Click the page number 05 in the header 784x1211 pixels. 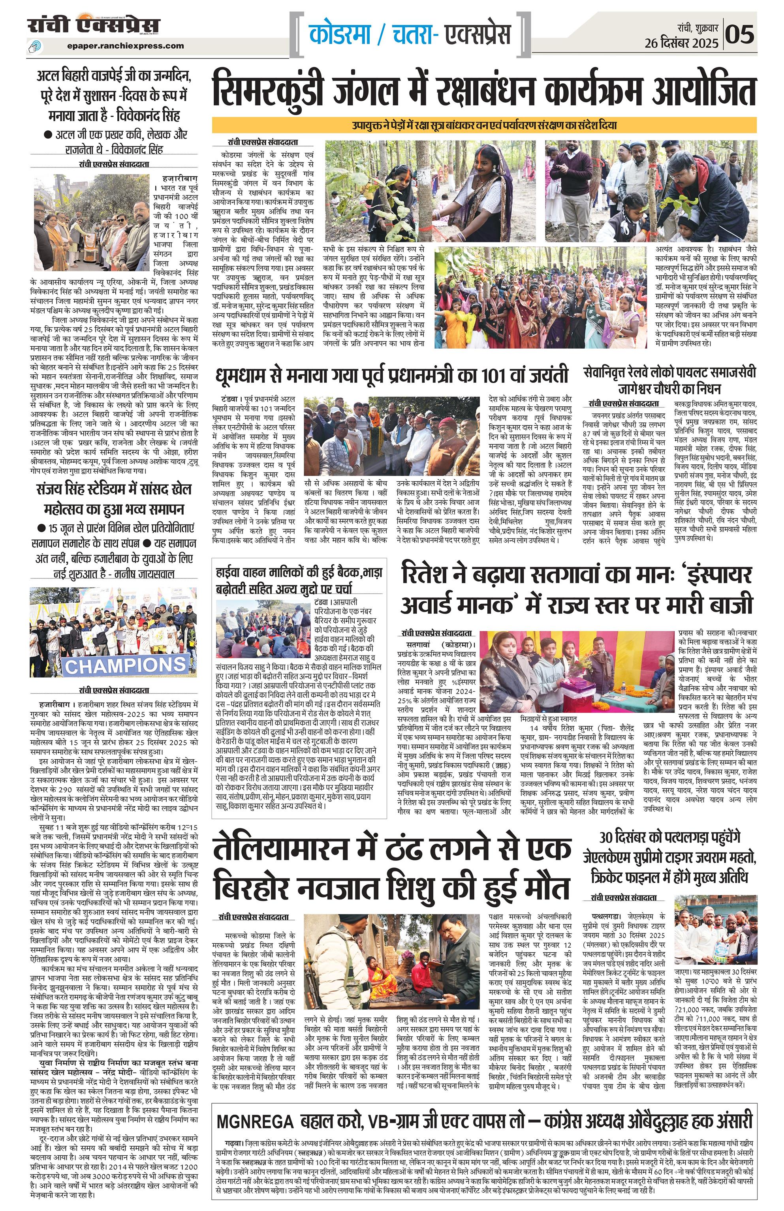coord(739,35)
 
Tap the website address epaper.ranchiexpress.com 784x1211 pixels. coord(125,46)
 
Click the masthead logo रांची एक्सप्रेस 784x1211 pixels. coord(94,25)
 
